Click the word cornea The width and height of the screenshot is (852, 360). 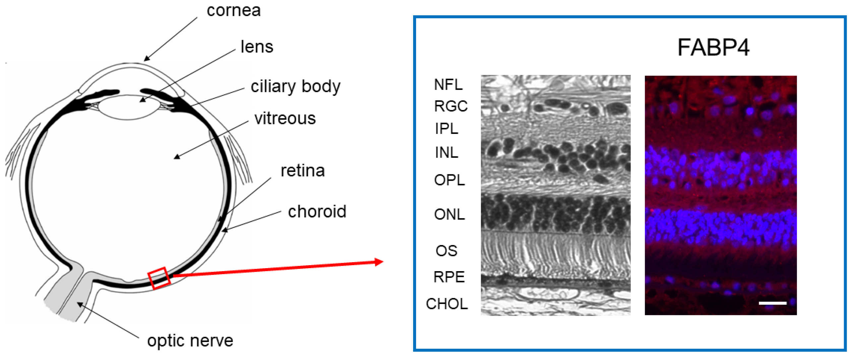[x=233, y=11]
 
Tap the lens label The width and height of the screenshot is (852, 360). [x=257, y=47]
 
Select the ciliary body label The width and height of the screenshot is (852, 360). [x=295, y=87]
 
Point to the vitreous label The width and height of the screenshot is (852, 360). [x=285, y=118]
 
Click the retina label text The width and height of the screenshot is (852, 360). [x=302, y=171]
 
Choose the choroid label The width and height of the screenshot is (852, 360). [x=317, y=211]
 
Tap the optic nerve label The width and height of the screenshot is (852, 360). [x=190, y=340]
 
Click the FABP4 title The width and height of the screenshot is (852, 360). [x=713, y=47]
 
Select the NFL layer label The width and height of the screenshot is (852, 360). [x=448, y=85]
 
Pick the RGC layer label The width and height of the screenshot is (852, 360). [x=451, y=106]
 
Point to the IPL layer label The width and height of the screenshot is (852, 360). [x=447, y=129]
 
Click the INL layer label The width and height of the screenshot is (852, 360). [x=447, y=153]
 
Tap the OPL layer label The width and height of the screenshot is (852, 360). [x=449, y=180]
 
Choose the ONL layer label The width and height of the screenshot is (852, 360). [x=449, y=214]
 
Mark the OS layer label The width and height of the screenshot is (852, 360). [x=446, y=251]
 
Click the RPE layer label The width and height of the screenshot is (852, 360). [x=449, y=277]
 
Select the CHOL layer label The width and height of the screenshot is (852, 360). [x=447, y=304]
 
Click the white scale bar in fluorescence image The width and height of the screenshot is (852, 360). [x=772, y=303]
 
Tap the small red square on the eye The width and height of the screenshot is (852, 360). [x=159, y=278]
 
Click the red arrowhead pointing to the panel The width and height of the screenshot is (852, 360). [x=379, y=262]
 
